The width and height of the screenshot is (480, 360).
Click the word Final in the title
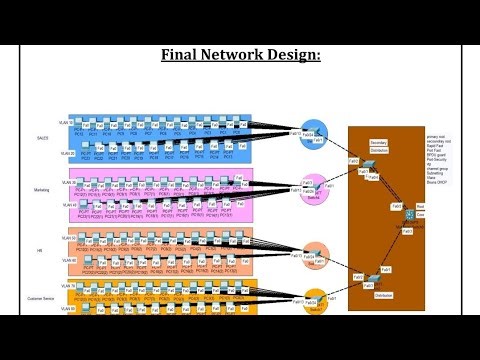pos(181,55)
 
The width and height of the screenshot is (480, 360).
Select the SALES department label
pos(41,136)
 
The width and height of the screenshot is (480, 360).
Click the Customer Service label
pos(40,297)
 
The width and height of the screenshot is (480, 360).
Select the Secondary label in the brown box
pos(378,143)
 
